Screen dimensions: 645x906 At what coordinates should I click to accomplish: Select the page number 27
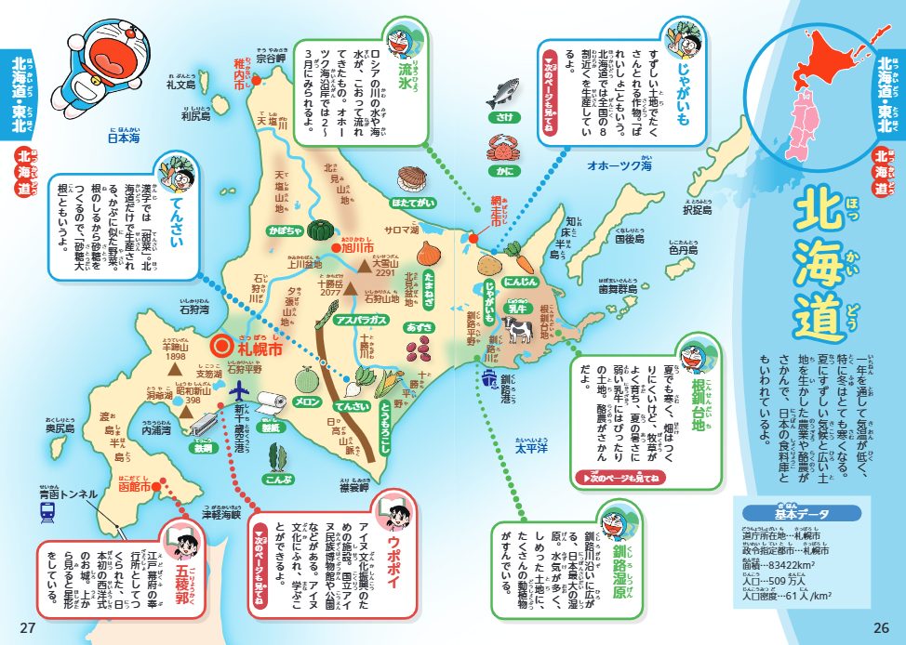27,626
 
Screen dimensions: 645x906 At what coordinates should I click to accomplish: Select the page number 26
880,626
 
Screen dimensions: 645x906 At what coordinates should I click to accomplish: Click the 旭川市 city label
354,249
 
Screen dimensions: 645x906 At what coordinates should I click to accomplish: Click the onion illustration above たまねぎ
429,252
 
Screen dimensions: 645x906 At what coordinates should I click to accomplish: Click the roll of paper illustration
267,402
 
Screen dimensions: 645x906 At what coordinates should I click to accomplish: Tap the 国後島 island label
629,239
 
